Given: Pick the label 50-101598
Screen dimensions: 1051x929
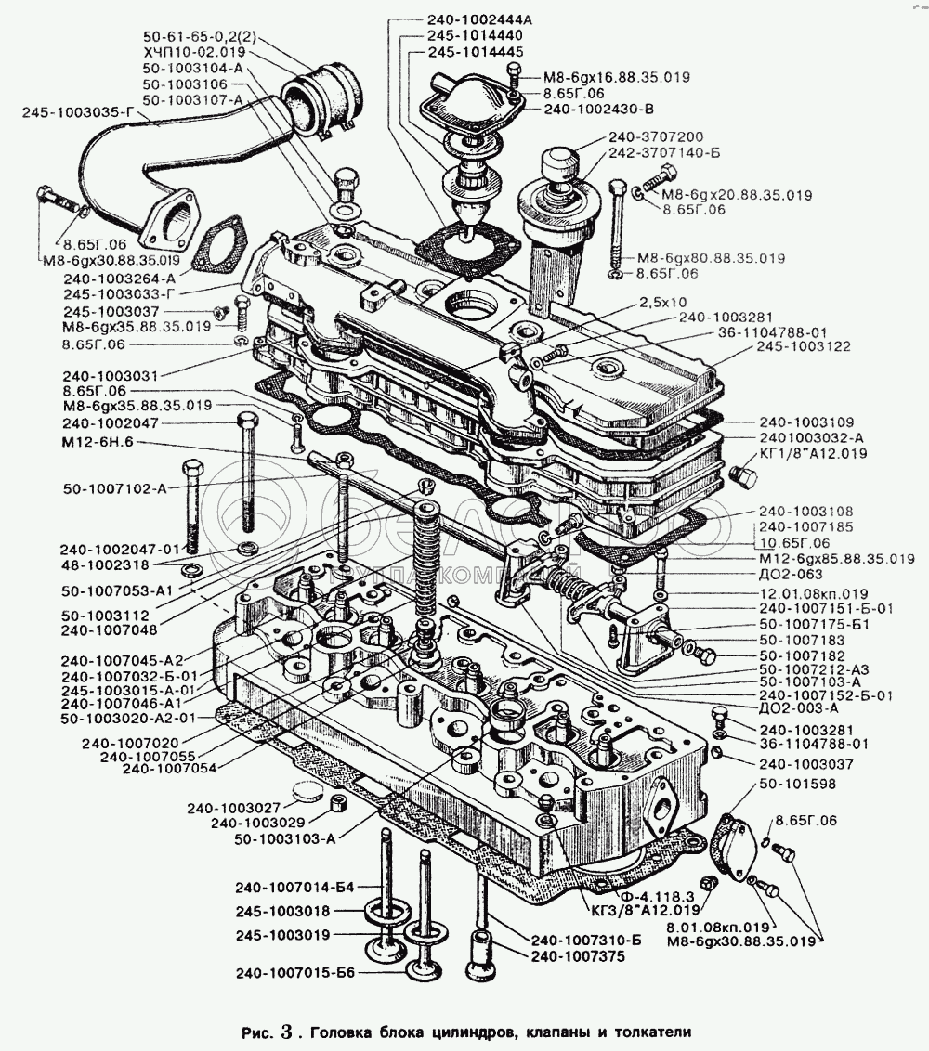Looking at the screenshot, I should (x=797, y=785).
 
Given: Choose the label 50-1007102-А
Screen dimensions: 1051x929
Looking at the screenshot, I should (x=115, y=488).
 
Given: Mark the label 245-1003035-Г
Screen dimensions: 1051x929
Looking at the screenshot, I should (x=78, y=112).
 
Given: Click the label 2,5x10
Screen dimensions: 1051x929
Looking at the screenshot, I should (x=663, y=303).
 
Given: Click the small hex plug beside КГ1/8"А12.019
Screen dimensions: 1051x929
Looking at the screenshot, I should (x=740, y=476).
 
